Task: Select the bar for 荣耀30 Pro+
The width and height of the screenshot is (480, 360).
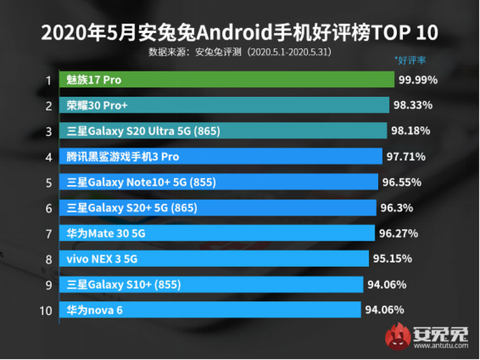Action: click(225, 105)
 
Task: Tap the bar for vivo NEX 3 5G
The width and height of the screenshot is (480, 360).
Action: click(215, 259)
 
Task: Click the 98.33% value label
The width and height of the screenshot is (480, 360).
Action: click(412, 105)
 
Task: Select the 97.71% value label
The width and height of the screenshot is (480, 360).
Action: click(405, 156)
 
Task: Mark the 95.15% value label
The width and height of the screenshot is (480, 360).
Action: click(391, 259)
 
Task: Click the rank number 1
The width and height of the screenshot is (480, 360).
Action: click(48, 80)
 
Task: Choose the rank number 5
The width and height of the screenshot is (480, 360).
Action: click(48, 183)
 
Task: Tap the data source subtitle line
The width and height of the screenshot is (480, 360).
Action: click(239, 52)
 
